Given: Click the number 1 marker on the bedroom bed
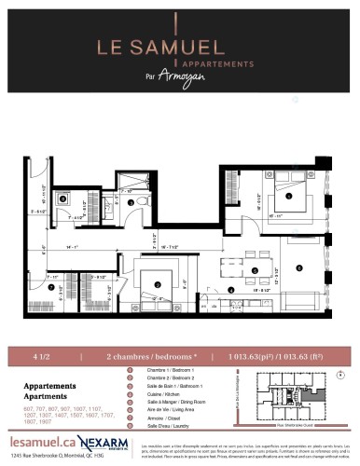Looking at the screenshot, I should (289, 196).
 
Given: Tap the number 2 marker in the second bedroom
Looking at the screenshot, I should (159, 283).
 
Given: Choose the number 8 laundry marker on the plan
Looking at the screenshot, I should (63, 198).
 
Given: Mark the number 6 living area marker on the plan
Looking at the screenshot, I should (299, 267).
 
